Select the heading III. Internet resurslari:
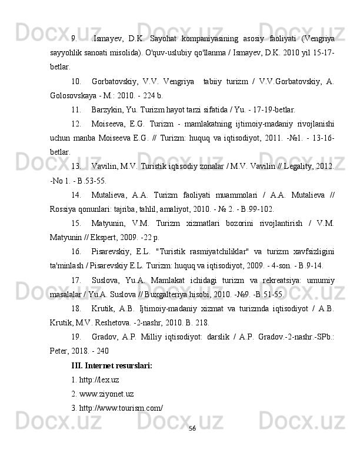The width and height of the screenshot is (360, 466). tap(111, 365)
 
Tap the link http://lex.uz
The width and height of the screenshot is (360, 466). tap(95, 380)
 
